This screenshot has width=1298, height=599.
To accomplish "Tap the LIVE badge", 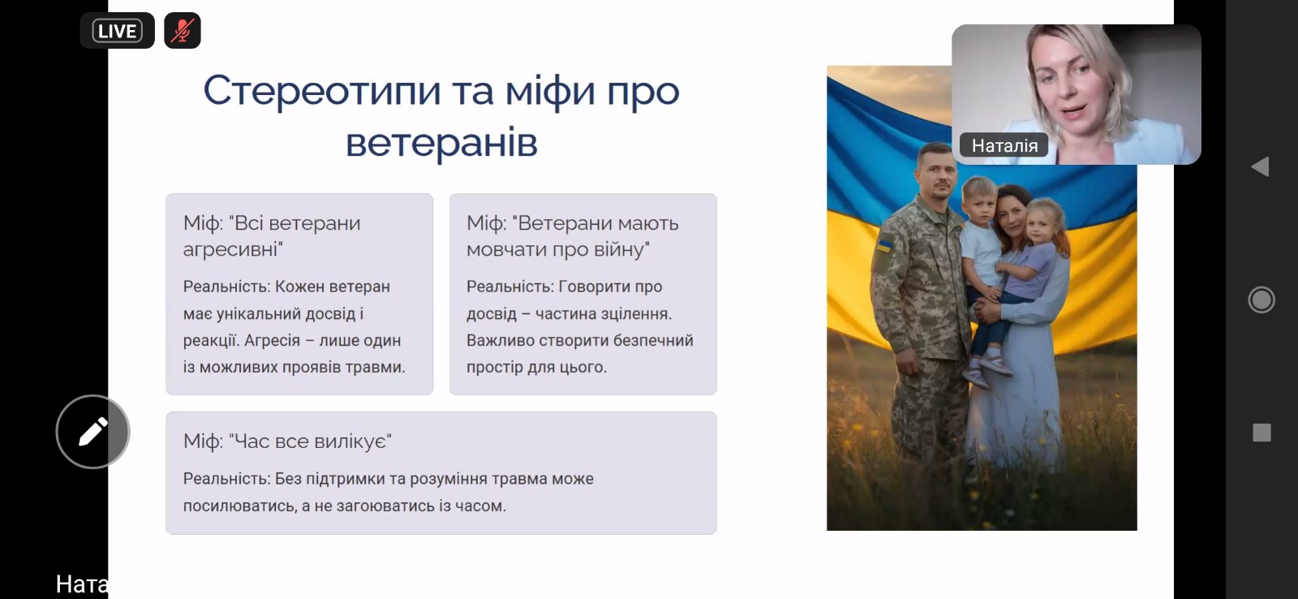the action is [x=117, y=31].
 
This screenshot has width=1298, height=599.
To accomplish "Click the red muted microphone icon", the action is [x=183, y=31].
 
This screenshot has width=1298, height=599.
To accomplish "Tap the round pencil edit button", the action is [x=92, y=432].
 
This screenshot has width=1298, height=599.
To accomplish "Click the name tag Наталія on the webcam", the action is [x=1004, y=145].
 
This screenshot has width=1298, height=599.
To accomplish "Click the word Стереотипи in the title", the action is [x=322, y=92].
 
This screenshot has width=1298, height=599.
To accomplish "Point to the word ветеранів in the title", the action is [x=441, y=143].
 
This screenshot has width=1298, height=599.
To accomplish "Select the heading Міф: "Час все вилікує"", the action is [x=287, y=442].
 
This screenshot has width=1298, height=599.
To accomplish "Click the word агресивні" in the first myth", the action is [x=233, y=250].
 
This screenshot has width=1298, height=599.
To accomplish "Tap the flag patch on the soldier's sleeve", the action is [x=884, y=246].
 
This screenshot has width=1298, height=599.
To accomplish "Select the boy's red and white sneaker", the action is [x=995, y=364].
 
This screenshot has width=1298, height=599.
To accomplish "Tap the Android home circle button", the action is [x=1261, y=299].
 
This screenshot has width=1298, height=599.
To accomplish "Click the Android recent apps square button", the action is [x=1261, y=433].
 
